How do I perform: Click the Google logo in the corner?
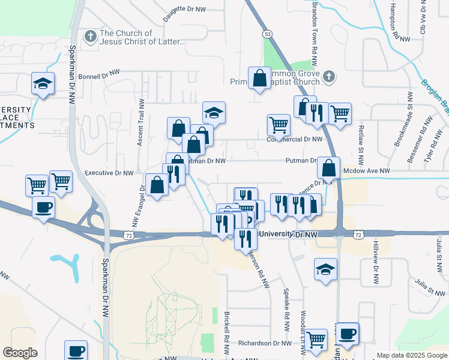(x=20, y=353)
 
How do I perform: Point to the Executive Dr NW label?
(x=109, y=173)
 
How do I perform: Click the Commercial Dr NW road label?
(x=295, y=139)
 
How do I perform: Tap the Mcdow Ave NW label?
(x=367, y=171)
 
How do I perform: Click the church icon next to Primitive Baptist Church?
(x=328, y=76)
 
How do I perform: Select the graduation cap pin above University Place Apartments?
(x=43, y=83)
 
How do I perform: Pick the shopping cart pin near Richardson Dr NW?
(x=316, y=339)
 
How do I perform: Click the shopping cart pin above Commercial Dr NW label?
(x=279, y=125)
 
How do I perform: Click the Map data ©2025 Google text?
(x=411, y=355)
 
